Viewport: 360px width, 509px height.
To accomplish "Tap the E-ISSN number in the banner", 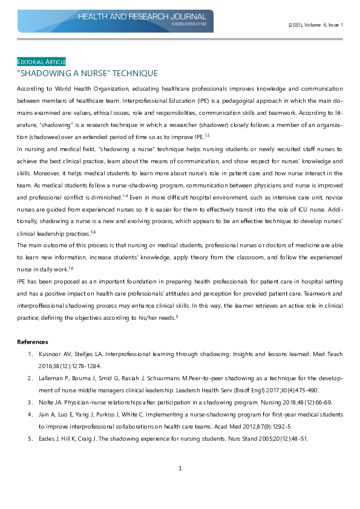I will (x=189, y=25).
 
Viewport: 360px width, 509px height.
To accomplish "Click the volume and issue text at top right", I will (x=315, y=25).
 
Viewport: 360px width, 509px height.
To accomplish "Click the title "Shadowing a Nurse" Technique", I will (x=87, y=74).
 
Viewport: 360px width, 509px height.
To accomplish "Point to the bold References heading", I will (x=32, y=342).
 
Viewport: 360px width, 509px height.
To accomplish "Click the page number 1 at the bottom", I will (x=180, y=468).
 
